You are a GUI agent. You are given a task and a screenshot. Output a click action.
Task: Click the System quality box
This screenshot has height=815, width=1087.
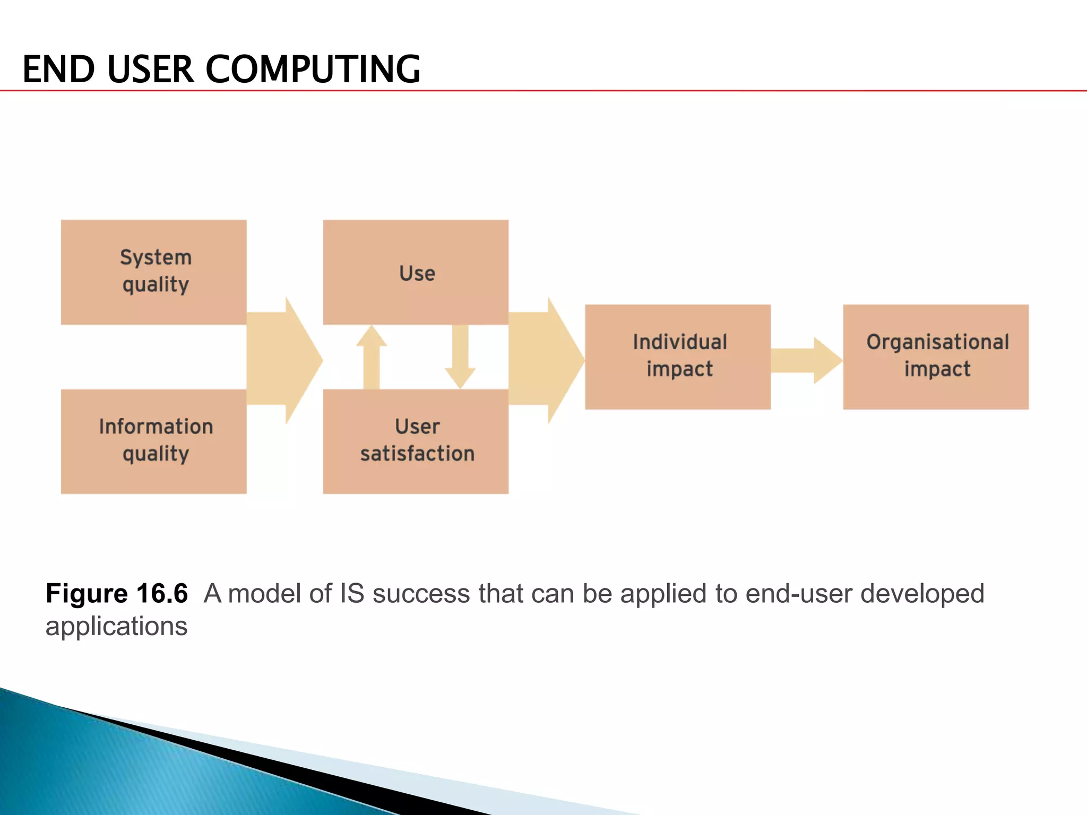(153, 272)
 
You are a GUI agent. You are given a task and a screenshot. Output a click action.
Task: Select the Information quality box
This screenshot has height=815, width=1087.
(153, 441)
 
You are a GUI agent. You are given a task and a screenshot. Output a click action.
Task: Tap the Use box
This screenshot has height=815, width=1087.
(416, 272)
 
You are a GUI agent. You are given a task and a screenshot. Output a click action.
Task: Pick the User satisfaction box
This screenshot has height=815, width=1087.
(416, 441)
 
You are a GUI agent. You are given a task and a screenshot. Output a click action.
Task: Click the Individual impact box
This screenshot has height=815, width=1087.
(678, 357)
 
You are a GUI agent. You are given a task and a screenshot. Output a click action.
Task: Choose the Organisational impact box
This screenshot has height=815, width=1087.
(936, 357)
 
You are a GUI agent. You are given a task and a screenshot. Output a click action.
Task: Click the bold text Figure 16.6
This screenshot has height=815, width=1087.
(116, 593)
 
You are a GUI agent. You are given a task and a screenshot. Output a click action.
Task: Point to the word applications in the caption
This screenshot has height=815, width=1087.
(116, 627)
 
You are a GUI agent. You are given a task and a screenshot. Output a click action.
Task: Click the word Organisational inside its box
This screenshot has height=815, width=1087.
(937, 342)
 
